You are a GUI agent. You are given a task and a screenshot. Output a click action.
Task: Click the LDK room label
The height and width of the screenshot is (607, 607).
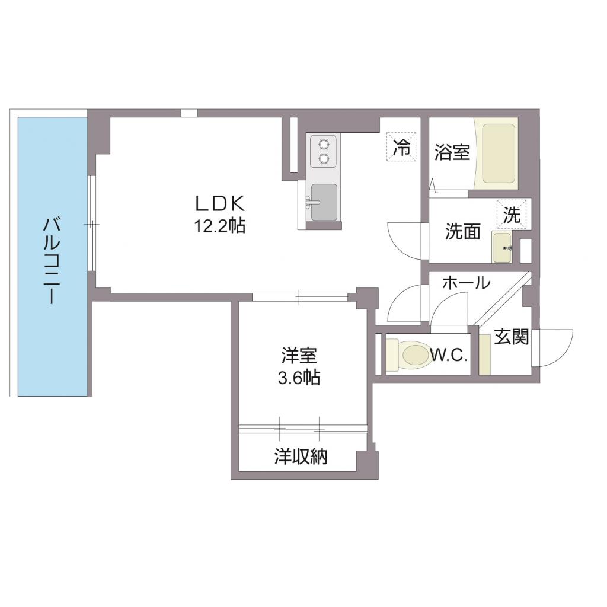(221, 203)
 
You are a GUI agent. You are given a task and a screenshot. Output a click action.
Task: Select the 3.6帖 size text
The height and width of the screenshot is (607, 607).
(299, 377)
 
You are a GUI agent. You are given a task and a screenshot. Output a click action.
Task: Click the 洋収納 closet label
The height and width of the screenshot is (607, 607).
(301, 456)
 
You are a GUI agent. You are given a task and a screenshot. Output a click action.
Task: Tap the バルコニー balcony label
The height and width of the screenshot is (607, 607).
(52, 261)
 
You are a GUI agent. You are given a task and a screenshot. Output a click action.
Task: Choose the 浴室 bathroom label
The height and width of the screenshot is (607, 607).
(452, 152)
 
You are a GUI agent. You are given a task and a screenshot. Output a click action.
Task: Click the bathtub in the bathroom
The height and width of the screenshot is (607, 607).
(498, 153)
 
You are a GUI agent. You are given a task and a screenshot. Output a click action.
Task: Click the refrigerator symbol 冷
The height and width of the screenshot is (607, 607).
(402, 146)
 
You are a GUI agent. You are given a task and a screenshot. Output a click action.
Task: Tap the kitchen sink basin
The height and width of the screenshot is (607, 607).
(324, 202)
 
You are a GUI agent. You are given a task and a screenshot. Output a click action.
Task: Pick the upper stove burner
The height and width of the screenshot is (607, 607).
(324, 143)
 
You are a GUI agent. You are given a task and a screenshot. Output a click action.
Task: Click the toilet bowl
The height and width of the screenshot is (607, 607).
(415, 356)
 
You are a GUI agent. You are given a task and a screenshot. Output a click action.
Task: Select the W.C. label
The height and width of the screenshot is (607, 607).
(450, 356)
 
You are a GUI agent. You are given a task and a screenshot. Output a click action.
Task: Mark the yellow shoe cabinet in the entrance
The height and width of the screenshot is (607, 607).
(485, 354)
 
